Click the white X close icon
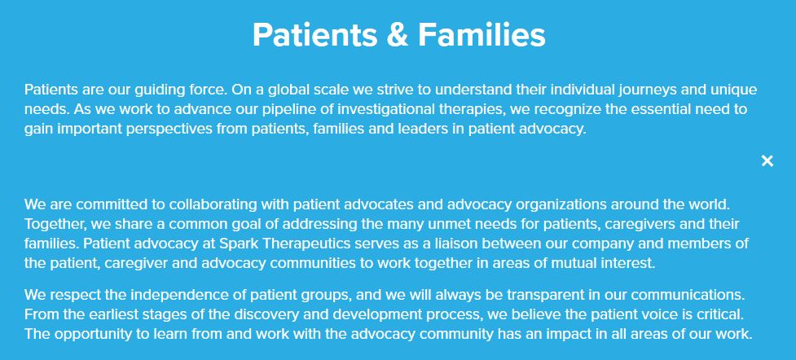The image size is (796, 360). pos(767,161)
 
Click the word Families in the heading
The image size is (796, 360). pos(482,34)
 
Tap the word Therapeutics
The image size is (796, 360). pos(306,244)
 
